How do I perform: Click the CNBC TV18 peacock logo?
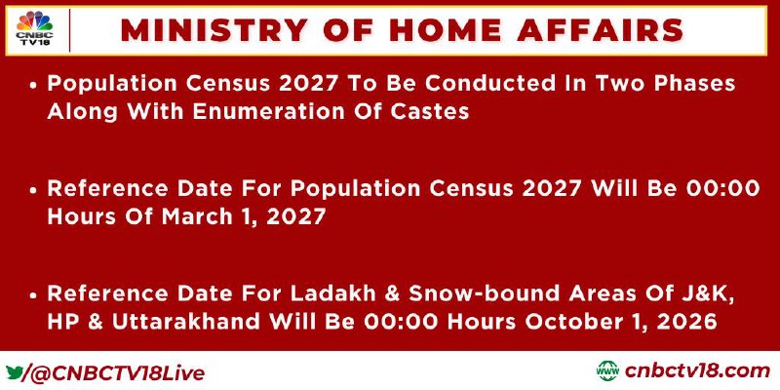34,29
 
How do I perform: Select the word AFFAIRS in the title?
600,30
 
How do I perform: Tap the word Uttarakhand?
185,323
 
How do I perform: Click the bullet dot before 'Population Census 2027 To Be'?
33,85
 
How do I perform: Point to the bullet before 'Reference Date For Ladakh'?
33,295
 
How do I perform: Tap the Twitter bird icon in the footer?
14,372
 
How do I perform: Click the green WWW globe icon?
607,371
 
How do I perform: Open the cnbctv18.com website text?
697,371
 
